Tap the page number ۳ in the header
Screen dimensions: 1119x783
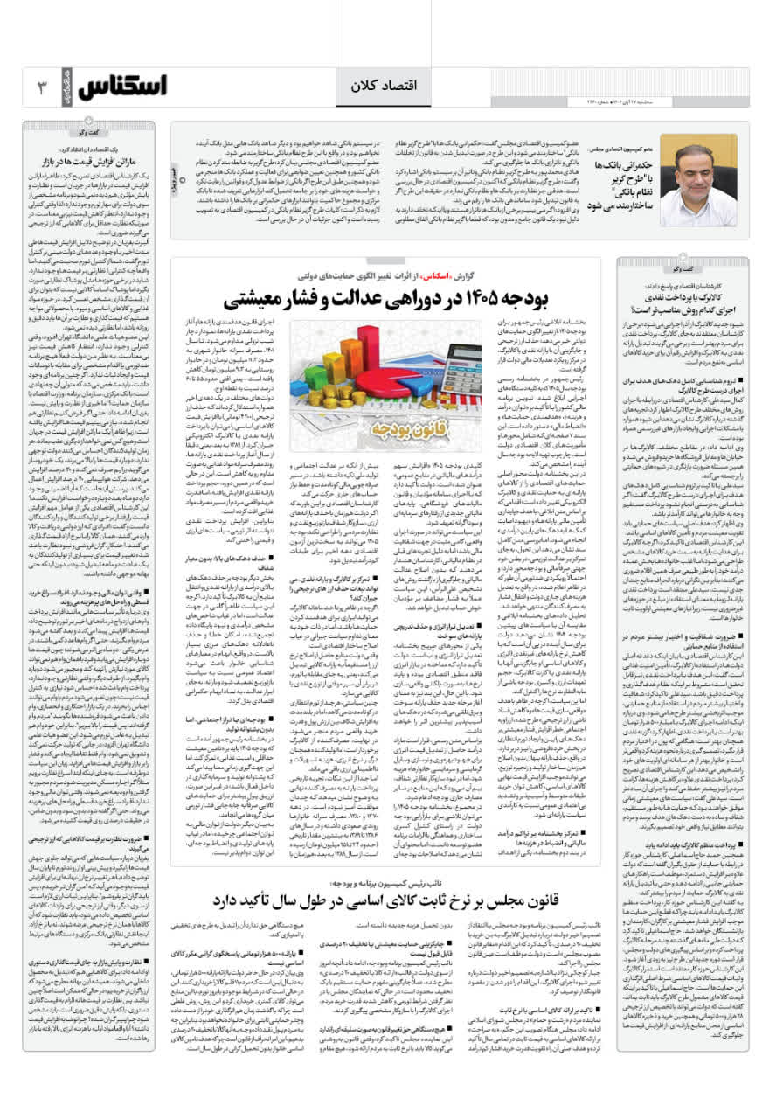(x=40, y=87)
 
